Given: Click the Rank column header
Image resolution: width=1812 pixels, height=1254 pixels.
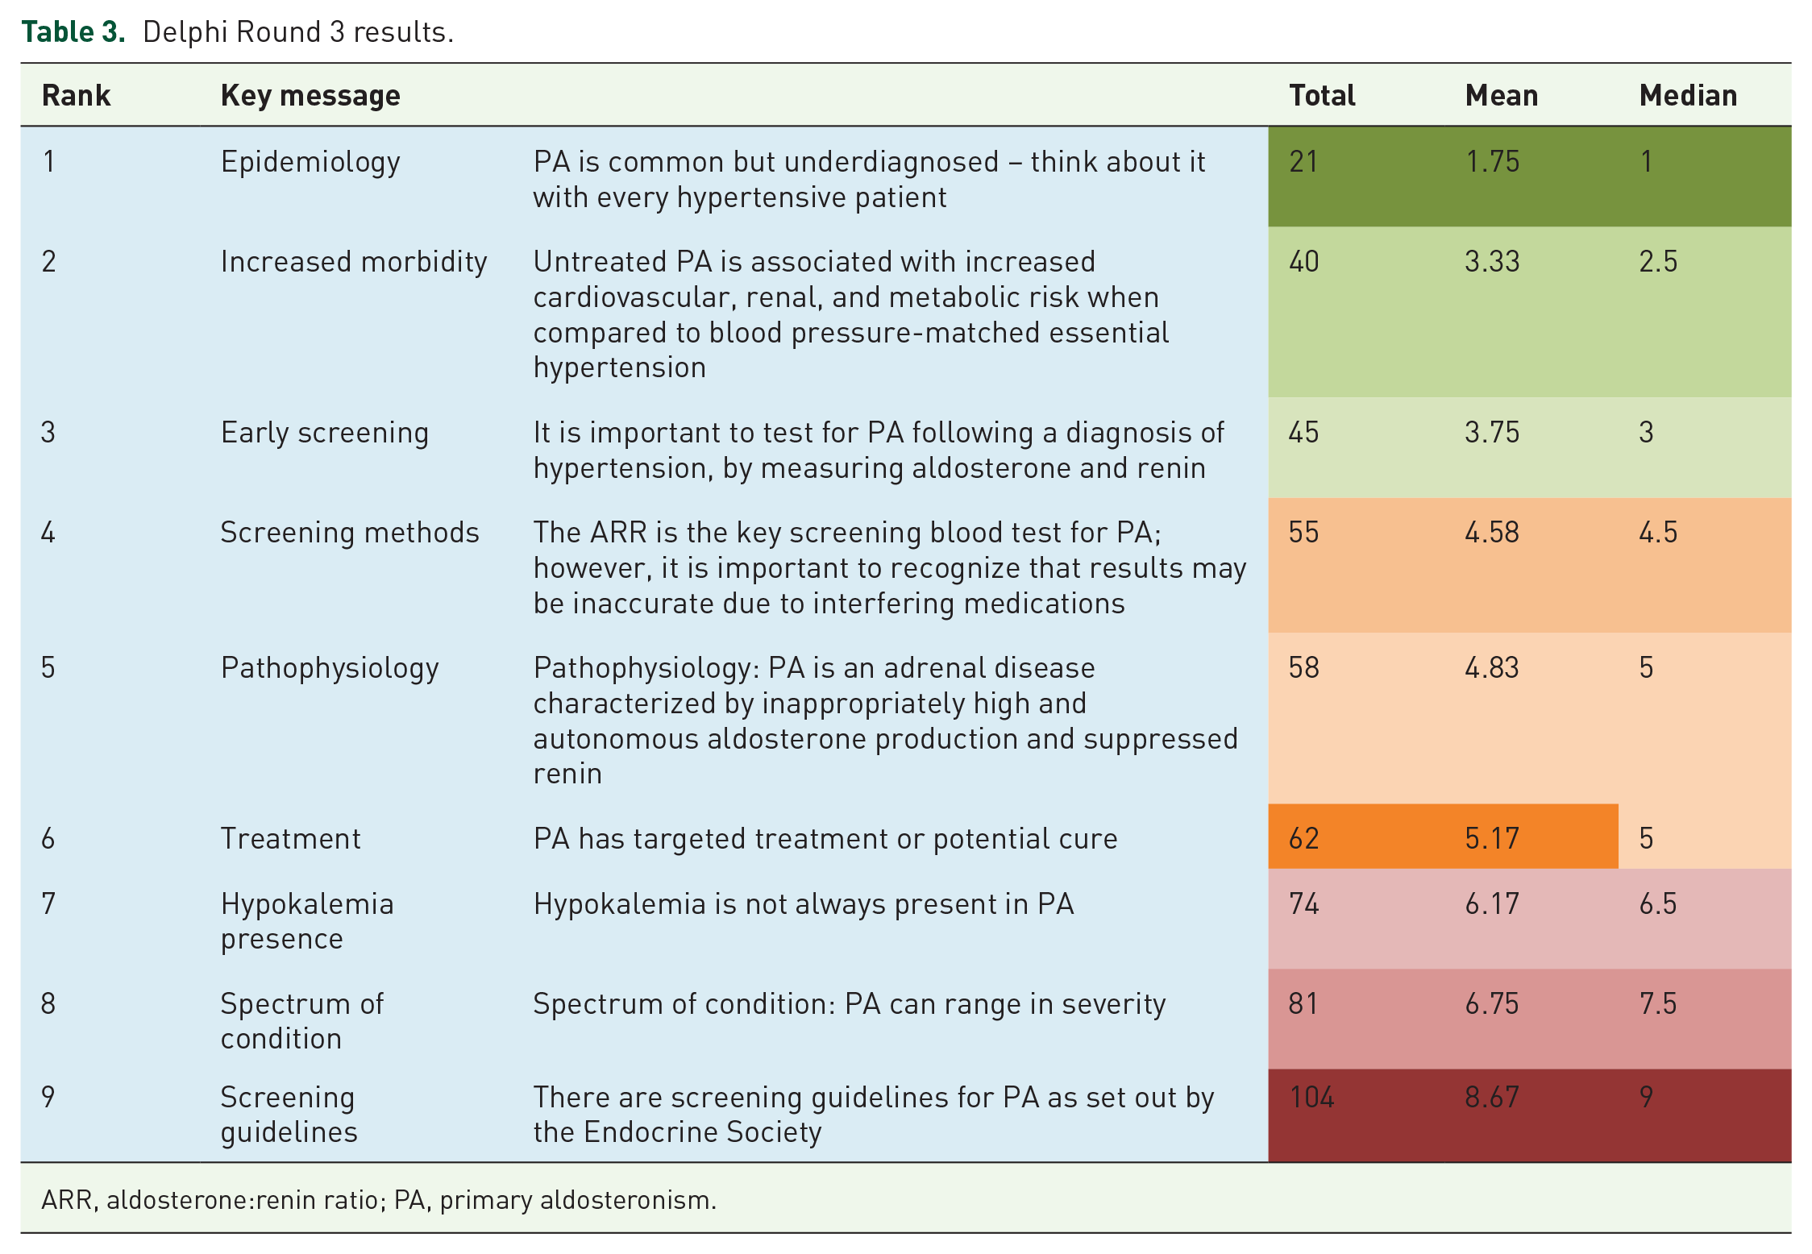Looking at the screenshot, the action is pos(76,95).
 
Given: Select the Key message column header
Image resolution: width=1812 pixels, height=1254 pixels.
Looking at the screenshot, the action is pos(310,96).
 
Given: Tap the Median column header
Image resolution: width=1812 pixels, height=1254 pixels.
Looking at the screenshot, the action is pos(1688,95).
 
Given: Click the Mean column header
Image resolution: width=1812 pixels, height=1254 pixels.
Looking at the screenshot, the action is pos(1501,95).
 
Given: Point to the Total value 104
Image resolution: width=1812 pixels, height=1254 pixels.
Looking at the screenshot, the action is pos(1311,1097).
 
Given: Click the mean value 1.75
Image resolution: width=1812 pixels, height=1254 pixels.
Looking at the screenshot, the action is pos(1492,161).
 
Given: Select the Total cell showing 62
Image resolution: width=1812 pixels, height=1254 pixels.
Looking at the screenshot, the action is pos(1303,838).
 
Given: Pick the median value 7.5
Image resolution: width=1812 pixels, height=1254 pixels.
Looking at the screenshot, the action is pos(1658,1003).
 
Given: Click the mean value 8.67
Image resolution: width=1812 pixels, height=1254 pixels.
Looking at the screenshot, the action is pos(1492,1097).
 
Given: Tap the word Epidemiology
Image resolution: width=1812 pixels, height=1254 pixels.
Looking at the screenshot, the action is pos(310,162).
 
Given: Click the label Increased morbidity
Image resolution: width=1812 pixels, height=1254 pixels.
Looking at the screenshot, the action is pos(354,262).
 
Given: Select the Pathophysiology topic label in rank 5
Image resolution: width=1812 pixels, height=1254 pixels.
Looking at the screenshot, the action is pos(330,668).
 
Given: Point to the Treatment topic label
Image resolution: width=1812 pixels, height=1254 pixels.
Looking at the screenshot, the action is pos(291,838).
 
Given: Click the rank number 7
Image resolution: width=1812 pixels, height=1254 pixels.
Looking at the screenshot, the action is pos(48,903).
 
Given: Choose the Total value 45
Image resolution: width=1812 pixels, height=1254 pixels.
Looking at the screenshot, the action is pos(1303,432).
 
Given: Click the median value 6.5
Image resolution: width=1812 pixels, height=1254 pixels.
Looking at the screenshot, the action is pos(1658,903).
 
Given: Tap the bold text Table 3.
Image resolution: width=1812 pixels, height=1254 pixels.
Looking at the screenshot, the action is pos(73,31).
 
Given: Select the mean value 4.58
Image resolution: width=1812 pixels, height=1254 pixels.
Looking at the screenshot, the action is pos(1492,532).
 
